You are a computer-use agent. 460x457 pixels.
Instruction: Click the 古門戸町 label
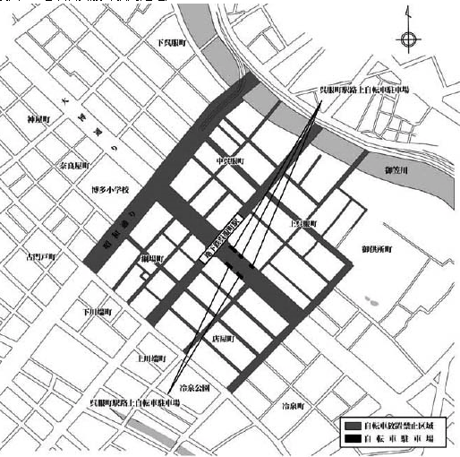(40, 257)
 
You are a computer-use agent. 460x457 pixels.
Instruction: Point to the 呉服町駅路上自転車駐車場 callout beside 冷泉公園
(139, 404)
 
